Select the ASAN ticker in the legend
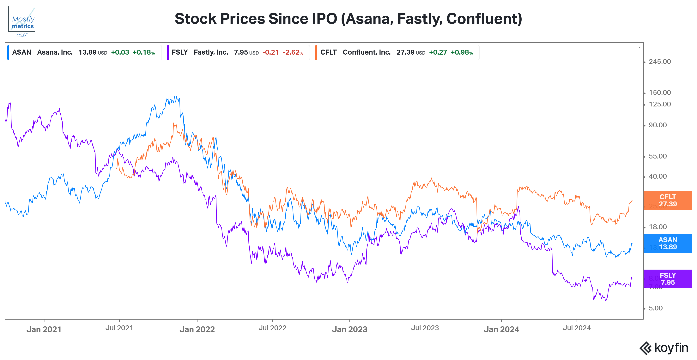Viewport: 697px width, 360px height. point(22,52)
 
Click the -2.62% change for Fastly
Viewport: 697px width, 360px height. point(293,52)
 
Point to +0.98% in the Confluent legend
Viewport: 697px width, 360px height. point(462,52)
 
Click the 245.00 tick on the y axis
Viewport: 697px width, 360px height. point(659,62)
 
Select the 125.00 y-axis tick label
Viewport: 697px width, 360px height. point(659,104)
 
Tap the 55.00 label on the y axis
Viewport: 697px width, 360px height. point(658,156)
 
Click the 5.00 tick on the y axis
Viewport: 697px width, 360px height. point(655,308)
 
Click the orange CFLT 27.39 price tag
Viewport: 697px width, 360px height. point(668,201)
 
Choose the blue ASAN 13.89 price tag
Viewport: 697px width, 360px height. point(668,243)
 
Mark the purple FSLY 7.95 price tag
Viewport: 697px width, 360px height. point(668,279)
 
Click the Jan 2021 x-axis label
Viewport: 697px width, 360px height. point(44,329)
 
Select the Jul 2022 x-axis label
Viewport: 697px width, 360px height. point(272,328)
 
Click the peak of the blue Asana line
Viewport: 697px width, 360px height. point(175,97)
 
